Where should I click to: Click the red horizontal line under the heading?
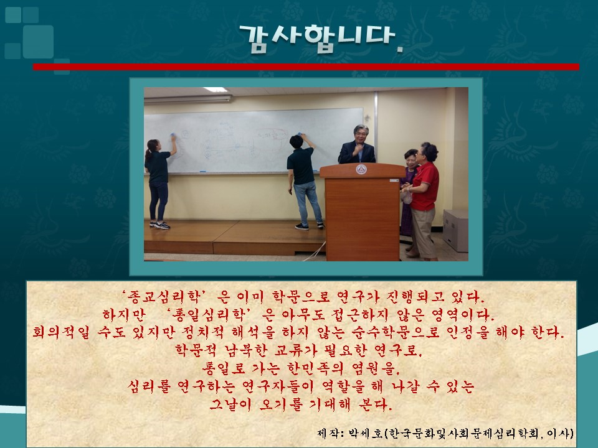pyautogui.click(x=306, y=67)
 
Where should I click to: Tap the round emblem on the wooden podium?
pyautogui.click(x=361, y=169)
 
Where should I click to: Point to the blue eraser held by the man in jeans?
pyautogui.click(x=300, y=134)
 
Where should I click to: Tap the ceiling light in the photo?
pyautogui.click(x=215, y=90)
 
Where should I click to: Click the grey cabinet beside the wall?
pyautogui.click(x=455, y=230)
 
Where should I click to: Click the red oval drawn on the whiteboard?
pyautogui.click(x=272, y=135)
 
